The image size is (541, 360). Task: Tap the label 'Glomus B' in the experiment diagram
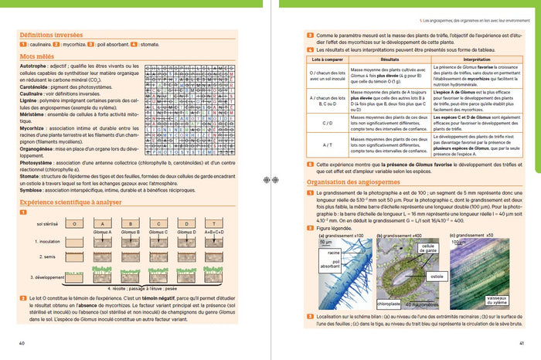[129, 232]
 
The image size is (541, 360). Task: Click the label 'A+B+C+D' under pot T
[212, 232]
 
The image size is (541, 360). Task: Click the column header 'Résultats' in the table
[390, 59]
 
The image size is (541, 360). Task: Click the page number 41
[522, 343]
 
